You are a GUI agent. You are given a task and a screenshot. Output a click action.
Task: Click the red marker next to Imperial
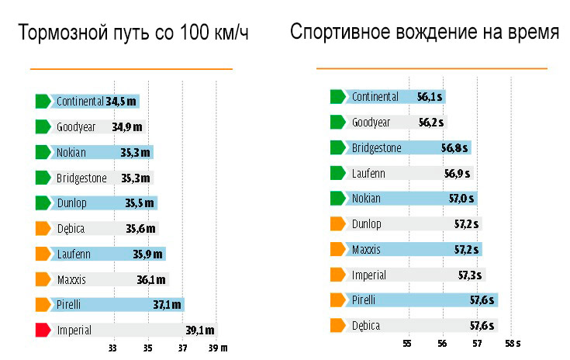pos(43,330)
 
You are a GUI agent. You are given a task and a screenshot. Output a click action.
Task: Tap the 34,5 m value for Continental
pos(122,101)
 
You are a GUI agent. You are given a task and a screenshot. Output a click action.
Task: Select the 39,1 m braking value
pos(200,330)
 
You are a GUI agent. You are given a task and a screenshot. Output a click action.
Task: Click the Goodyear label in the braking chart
pos(75,126)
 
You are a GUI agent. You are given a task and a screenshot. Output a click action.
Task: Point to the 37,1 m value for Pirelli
pos(167,304)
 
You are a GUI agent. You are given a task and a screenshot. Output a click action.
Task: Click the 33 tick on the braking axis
pos(112,349)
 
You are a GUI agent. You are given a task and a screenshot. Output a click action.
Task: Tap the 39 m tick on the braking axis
pos(219,349)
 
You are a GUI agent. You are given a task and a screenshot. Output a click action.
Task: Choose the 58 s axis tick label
pos(513,342)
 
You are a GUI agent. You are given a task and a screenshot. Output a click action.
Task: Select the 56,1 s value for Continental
pos(430,97)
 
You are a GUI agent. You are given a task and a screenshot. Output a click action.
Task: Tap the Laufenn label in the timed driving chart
pos(368,173)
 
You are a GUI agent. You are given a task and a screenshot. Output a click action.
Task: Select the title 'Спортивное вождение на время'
pos(424,33)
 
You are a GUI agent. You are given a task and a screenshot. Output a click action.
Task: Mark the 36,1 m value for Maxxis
pos(151,279)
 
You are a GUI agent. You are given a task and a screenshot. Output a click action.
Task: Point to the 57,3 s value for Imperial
pos(468,275)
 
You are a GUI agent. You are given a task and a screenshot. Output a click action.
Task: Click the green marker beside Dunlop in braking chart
pos(43,202)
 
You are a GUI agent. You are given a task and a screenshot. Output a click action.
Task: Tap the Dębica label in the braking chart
pos(71,228)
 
